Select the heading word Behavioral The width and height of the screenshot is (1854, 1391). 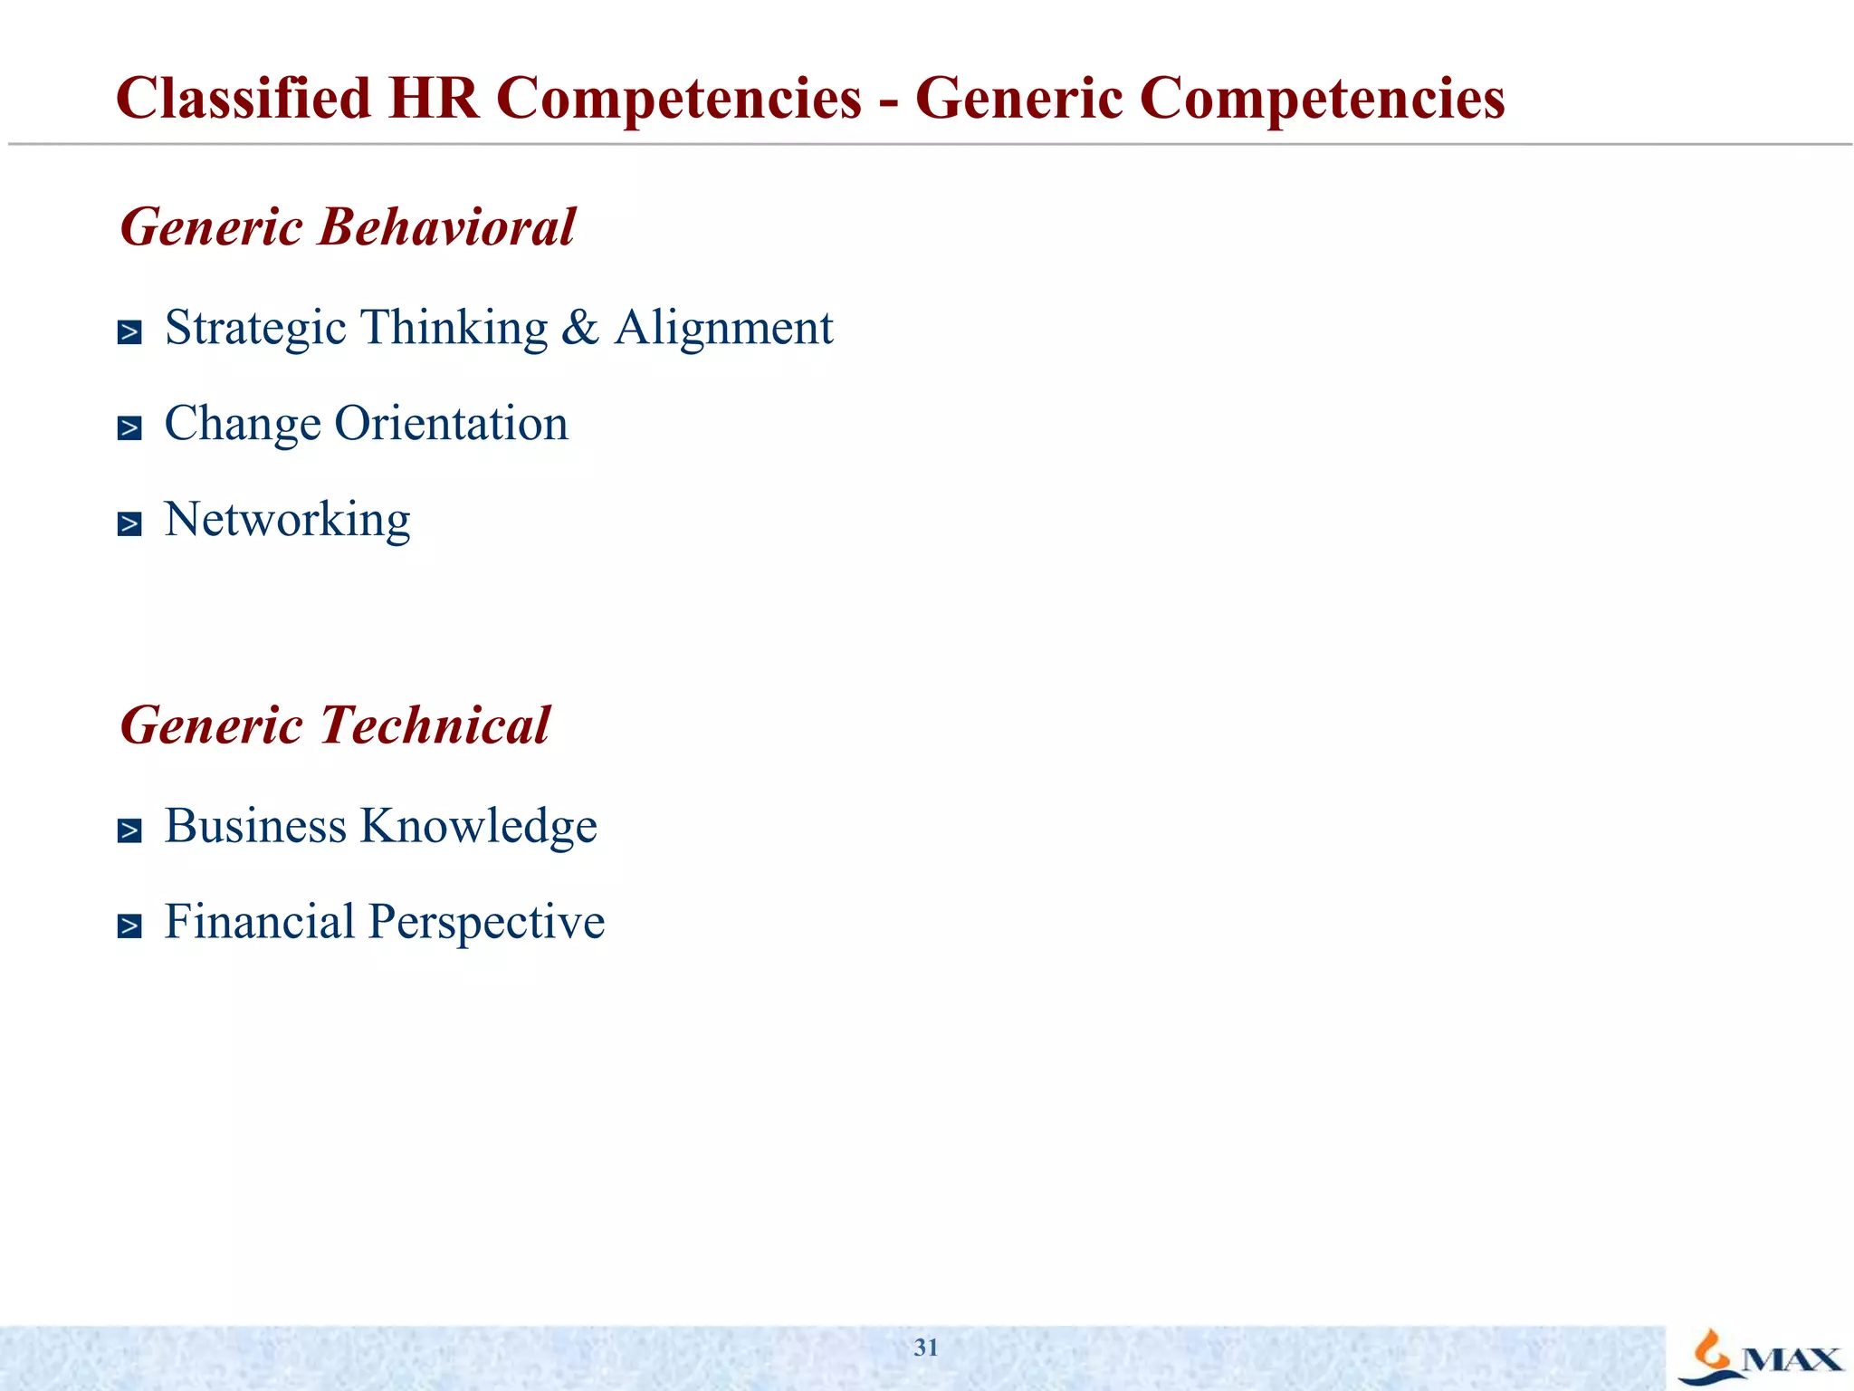(x=446, y=226)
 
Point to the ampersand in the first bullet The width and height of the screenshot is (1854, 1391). (x=580, y=328)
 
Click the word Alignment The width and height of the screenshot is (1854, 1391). (x=723, y=328)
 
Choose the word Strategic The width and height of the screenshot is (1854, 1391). (x=255, y=328)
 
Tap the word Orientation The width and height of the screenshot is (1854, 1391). (x=451, y=423)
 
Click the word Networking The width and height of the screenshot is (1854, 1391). (x=287, y=520)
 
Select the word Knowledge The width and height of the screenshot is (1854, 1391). (x=479, y=826)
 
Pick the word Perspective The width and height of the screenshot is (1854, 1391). (x=487, y=922)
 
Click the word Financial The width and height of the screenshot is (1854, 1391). (x=260, y=922)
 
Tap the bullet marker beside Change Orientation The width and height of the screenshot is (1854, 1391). (x=129, y=427)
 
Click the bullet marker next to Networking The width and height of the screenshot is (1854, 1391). (x=129, y=523)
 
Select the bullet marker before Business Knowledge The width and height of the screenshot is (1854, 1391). (x=129, y=830)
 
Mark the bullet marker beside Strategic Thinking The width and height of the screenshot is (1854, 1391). (x=129, y=332)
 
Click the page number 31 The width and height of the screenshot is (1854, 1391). (x=926, y=1348)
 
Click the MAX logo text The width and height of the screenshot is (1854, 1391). (x=1792, y=1359)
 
